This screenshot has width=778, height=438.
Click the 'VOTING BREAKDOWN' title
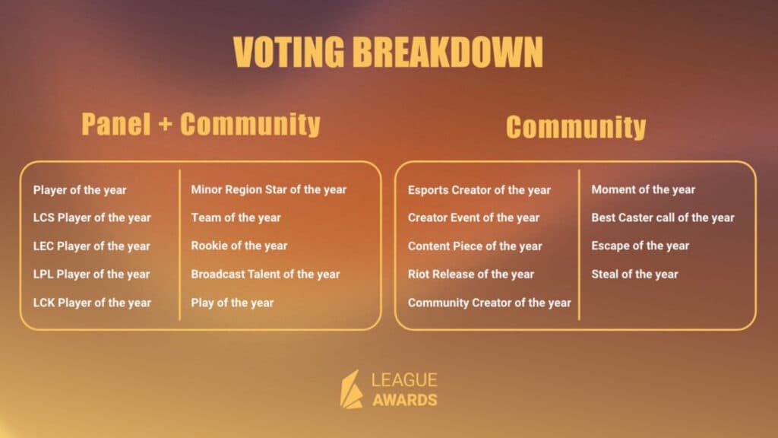[388, 52]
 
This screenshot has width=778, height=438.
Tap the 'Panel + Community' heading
[201, 125]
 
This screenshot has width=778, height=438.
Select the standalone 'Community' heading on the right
[576, 127]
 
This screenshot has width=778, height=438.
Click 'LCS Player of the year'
[92, 217]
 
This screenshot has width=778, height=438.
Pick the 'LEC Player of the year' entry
[92, 246]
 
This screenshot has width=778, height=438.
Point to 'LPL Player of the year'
[92, 275]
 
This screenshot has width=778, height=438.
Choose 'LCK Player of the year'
[92, 303]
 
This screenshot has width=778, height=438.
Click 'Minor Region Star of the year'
[268, 189]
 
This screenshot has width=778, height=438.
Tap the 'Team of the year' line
[236, 217]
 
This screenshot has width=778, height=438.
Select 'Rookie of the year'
[239, 246]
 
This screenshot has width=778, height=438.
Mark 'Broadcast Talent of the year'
[265, 275]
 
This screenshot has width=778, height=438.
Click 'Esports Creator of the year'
[479, 190]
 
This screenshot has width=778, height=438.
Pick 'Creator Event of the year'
[473, 217]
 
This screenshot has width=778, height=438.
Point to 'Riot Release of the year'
[471, 275]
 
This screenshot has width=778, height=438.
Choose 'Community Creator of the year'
[489, 303]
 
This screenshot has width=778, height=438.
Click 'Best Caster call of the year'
[663, 217]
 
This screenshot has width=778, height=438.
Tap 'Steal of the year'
[635, 275]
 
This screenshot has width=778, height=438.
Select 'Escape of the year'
[640, 246]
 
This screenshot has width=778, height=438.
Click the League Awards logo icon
[351, 389]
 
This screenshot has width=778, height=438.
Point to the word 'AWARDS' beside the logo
[405, 400]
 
